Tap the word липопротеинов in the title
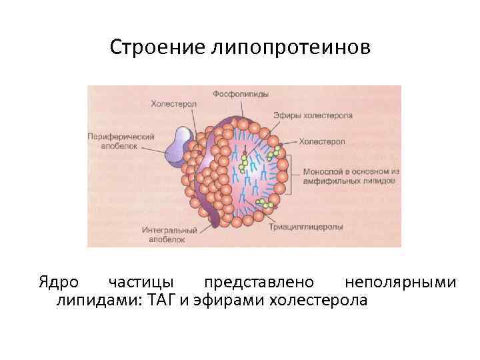(x=289, y=47)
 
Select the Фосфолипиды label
(x=241, y=94)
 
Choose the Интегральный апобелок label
(x=169, y=234)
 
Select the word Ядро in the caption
(x=57, y=283)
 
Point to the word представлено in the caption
(x=257, y=283)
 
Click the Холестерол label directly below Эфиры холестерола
(x=322, y=141)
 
